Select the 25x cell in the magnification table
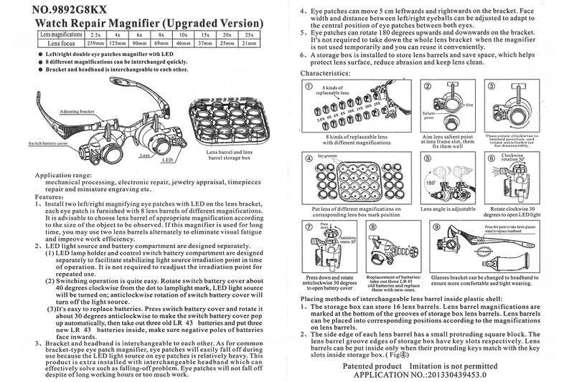click(x=250, y=34)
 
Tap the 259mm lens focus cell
click(x=95, y=43)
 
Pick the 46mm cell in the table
click(x=183, y=43)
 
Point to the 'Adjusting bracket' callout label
click(x=77, y=112)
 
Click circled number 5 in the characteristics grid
click(x=428, y=157)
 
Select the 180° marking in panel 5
click(x=430, y=182)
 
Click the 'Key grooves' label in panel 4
click(x=327, y=155)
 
